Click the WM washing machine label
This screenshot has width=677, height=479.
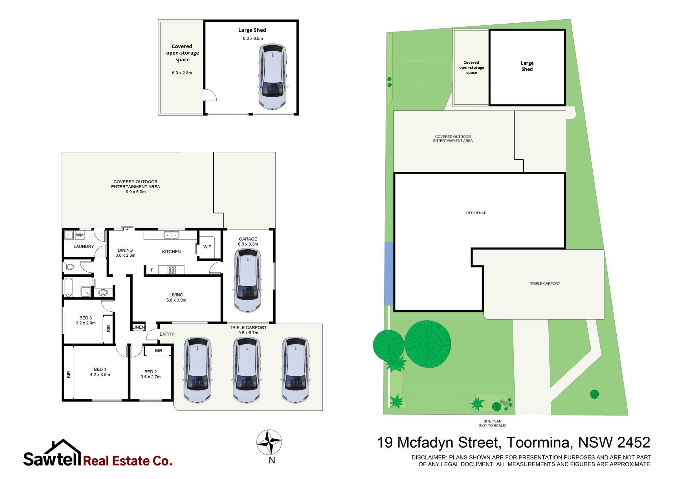point(80,235)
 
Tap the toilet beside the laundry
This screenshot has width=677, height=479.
point(69,266)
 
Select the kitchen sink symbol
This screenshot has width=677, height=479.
point(171,235)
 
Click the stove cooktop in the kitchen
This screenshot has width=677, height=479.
point(172,270)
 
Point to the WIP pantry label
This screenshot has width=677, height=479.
point(207,247)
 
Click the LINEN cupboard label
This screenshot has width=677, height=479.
point(139,327)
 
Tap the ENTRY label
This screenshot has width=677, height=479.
point(167,334)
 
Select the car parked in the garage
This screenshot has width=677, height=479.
point(248,280)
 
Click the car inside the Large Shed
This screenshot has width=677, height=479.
point(272,77)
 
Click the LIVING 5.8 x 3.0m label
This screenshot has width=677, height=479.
point(176,297)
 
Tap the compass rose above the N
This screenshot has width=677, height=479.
point(269,442)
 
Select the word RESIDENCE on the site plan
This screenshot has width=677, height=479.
point(476,213)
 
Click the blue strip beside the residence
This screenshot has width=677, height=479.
point(389,273)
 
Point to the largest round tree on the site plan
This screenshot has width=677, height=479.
point(428,344)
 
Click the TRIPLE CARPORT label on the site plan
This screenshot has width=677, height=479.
point(545,284)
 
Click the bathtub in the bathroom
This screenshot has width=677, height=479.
point(68,288)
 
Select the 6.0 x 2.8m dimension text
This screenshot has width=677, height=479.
point(182,73)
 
